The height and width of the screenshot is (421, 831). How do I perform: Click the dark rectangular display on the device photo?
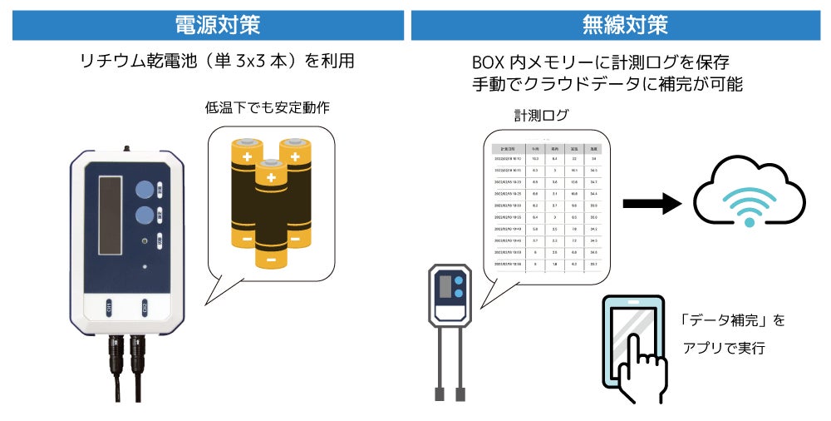pyautogui.click(x=111, y=215)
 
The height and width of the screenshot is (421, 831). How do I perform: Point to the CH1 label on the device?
pyautogui.click(x=109, y=310)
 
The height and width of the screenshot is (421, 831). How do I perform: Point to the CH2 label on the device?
pyautogui.click(x=145, y=310)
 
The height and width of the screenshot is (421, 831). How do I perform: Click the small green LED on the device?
pyautogui.click(x=145, y=242)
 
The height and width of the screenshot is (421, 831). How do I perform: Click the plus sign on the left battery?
pyautogui.click(x=246, y=156)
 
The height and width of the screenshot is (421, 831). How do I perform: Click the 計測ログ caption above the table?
pyautogui.click(x=540, y=116)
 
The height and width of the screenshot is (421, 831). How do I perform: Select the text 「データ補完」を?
pyautogui.click(x=731, y=320)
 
